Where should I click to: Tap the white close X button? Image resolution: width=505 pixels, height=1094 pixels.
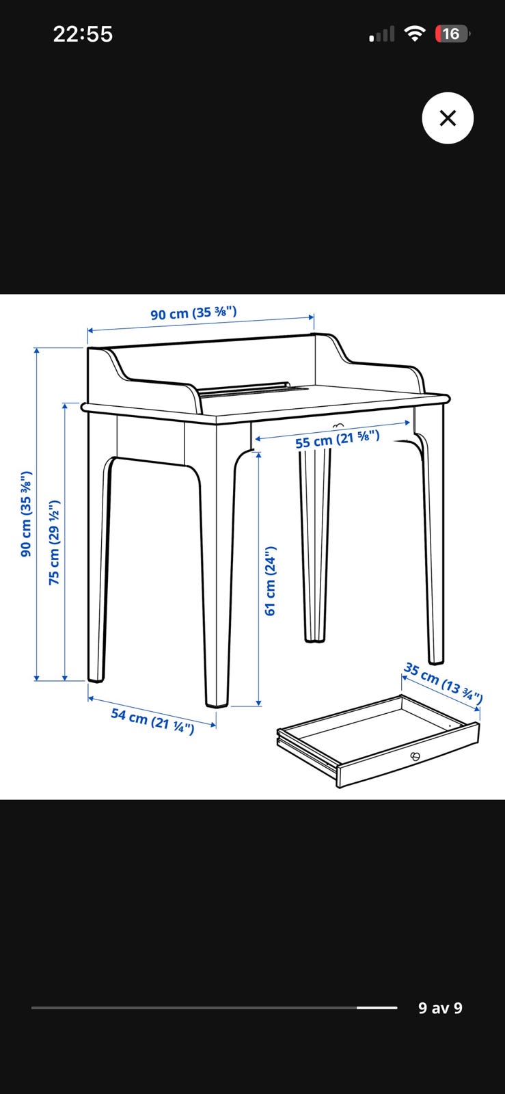click(x=448, y=118)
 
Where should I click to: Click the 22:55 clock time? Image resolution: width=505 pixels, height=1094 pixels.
click(x=83, y=34)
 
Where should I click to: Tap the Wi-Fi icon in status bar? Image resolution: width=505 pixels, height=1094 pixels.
click(x=415, y=34)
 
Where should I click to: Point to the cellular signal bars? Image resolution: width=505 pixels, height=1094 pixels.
click(x=382, y=34)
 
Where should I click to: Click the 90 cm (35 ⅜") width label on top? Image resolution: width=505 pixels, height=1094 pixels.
click(x=193, y=313)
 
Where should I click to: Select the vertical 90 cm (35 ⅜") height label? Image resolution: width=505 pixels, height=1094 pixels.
click(x=27, y=513)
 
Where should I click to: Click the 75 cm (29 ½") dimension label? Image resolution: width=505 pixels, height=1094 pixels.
click(x=54, y=542)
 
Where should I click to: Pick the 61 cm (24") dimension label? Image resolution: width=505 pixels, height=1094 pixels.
click(x=271, y=581)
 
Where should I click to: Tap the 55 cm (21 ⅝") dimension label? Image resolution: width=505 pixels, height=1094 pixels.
click(x=337, y=439)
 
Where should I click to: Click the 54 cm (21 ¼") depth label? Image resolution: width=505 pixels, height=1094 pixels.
click(x=152, y=721)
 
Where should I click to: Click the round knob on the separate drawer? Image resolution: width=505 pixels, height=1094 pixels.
click(x=415, y=757)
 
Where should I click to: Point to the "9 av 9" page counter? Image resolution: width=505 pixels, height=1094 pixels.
click(x=440, y=1008)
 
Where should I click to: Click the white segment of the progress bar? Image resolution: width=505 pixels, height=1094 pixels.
click(x=377, y=1008)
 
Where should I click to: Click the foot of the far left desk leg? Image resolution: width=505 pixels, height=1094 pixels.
click(x=96, y=676)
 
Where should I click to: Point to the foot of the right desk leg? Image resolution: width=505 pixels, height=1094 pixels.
click(x=436, y=658)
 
